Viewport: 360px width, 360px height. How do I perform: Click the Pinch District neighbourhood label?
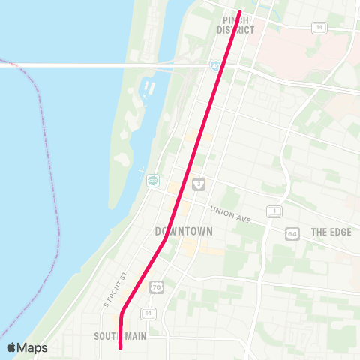pos(236,24)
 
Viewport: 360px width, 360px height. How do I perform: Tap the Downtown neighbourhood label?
pos(183,232)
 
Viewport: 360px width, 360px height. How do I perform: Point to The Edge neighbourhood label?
pos(331,232)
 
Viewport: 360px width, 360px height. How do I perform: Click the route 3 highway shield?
pos(198,184)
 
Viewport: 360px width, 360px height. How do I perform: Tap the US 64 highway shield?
pos(291,234)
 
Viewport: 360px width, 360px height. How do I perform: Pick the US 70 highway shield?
pos(156,287)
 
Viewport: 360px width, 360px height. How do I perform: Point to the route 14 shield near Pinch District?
pos(321,27)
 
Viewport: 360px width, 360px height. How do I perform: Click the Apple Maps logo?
pos(27,347)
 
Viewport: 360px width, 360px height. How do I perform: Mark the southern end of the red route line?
pos(121,347)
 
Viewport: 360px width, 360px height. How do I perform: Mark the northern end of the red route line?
pos(239,12)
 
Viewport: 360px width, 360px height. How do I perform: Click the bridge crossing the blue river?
pos(90,65)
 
